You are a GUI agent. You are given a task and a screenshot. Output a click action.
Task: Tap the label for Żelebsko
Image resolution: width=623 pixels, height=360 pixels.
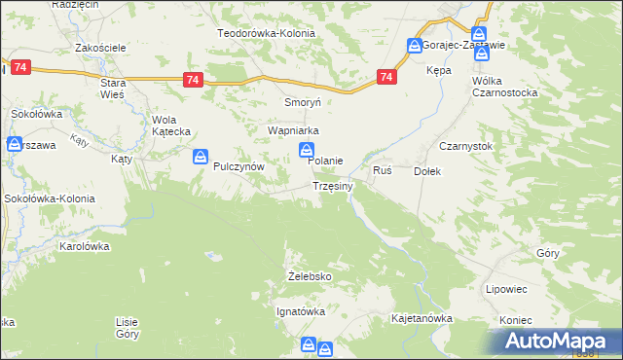pyautogui.click(x=311, y=276)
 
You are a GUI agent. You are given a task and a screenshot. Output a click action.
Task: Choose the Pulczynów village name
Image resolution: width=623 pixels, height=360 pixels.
pyautogui.click(x=239, y=166)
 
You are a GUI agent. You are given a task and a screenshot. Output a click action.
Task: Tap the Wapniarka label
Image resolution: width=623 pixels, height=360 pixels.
pyautogui.click(x=294, y=129)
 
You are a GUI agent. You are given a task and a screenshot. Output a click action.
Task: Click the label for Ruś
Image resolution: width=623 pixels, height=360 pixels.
pyautogui.click(x=383, y=170)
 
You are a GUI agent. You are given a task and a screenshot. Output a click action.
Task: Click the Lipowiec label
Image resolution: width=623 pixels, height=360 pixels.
pyautogui.click(x=506, y=289)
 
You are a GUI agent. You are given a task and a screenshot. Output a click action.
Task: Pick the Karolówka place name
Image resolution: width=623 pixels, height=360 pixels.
pyautogui.click(x=84, y=246)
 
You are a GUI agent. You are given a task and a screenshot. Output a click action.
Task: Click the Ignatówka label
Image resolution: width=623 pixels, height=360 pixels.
pyautogui.click(x=301, y=311)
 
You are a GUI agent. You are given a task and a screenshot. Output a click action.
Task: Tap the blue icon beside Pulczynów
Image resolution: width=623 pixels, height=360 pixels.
pyautogui.click(x=201, y=156)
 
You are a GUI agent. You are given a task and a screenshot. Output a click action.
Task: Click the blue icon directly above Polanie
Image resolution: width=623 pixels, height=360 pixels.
pyautogui.click(x=306, y=150)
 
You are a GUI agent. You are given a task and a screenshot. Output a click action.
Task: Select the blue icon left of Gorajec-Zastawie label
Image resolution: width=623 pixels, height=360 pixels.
pyautogui.click(x=415, y=45)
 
